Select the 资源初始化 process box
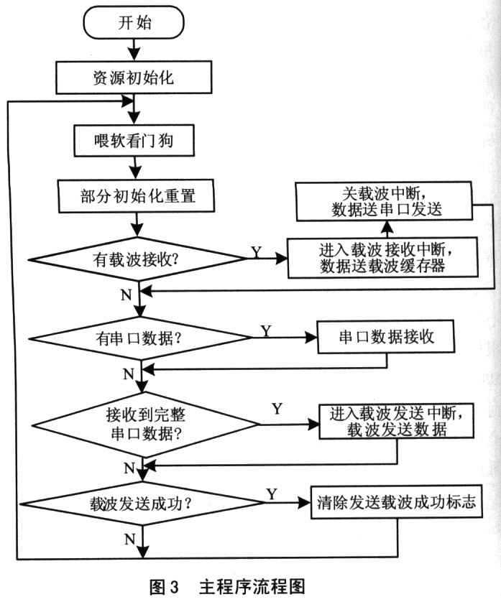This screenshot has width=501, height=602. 134,77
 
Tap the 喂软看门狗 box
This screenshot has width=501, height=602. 134,141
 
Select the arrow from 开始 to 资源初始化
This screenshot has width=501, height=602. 134,49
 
